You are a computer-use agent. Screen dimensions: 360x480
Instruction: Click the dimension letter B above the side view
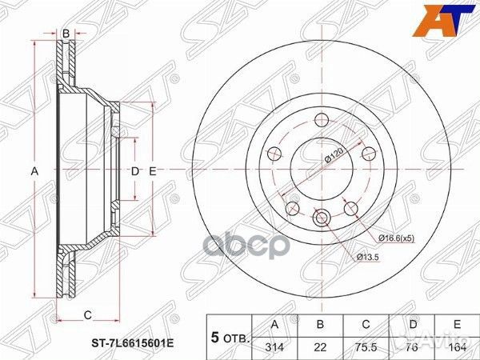pyautogui.click(x=66, y=32)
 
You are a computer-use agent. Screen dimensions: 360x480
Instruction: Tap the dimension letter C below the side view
pyautogui.click(x=88, y=313)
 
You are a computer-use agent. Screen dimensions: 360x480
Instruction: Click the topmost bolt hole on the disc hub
pyautogui.click(x=321, y=121)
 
